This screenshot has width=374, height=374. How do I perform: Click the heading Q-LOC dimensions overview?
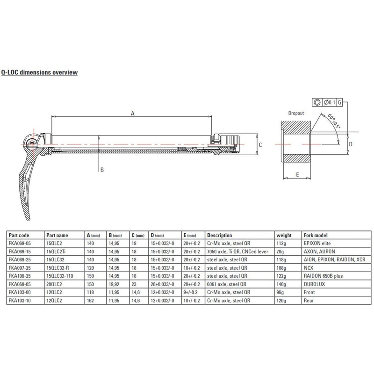(39, 72)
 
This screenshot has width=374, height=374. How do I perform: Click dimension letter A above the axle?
(132, 113)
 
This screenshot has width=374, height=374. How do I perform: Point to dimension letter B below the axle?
(102, 170)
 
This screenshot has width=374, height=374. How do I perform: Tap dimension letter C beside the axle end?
(260, 145)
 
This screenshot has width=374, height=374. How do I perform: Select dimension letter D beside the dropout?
(351, 144)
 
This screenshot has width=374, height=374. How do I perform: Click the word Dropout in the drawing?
(296, 113)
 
